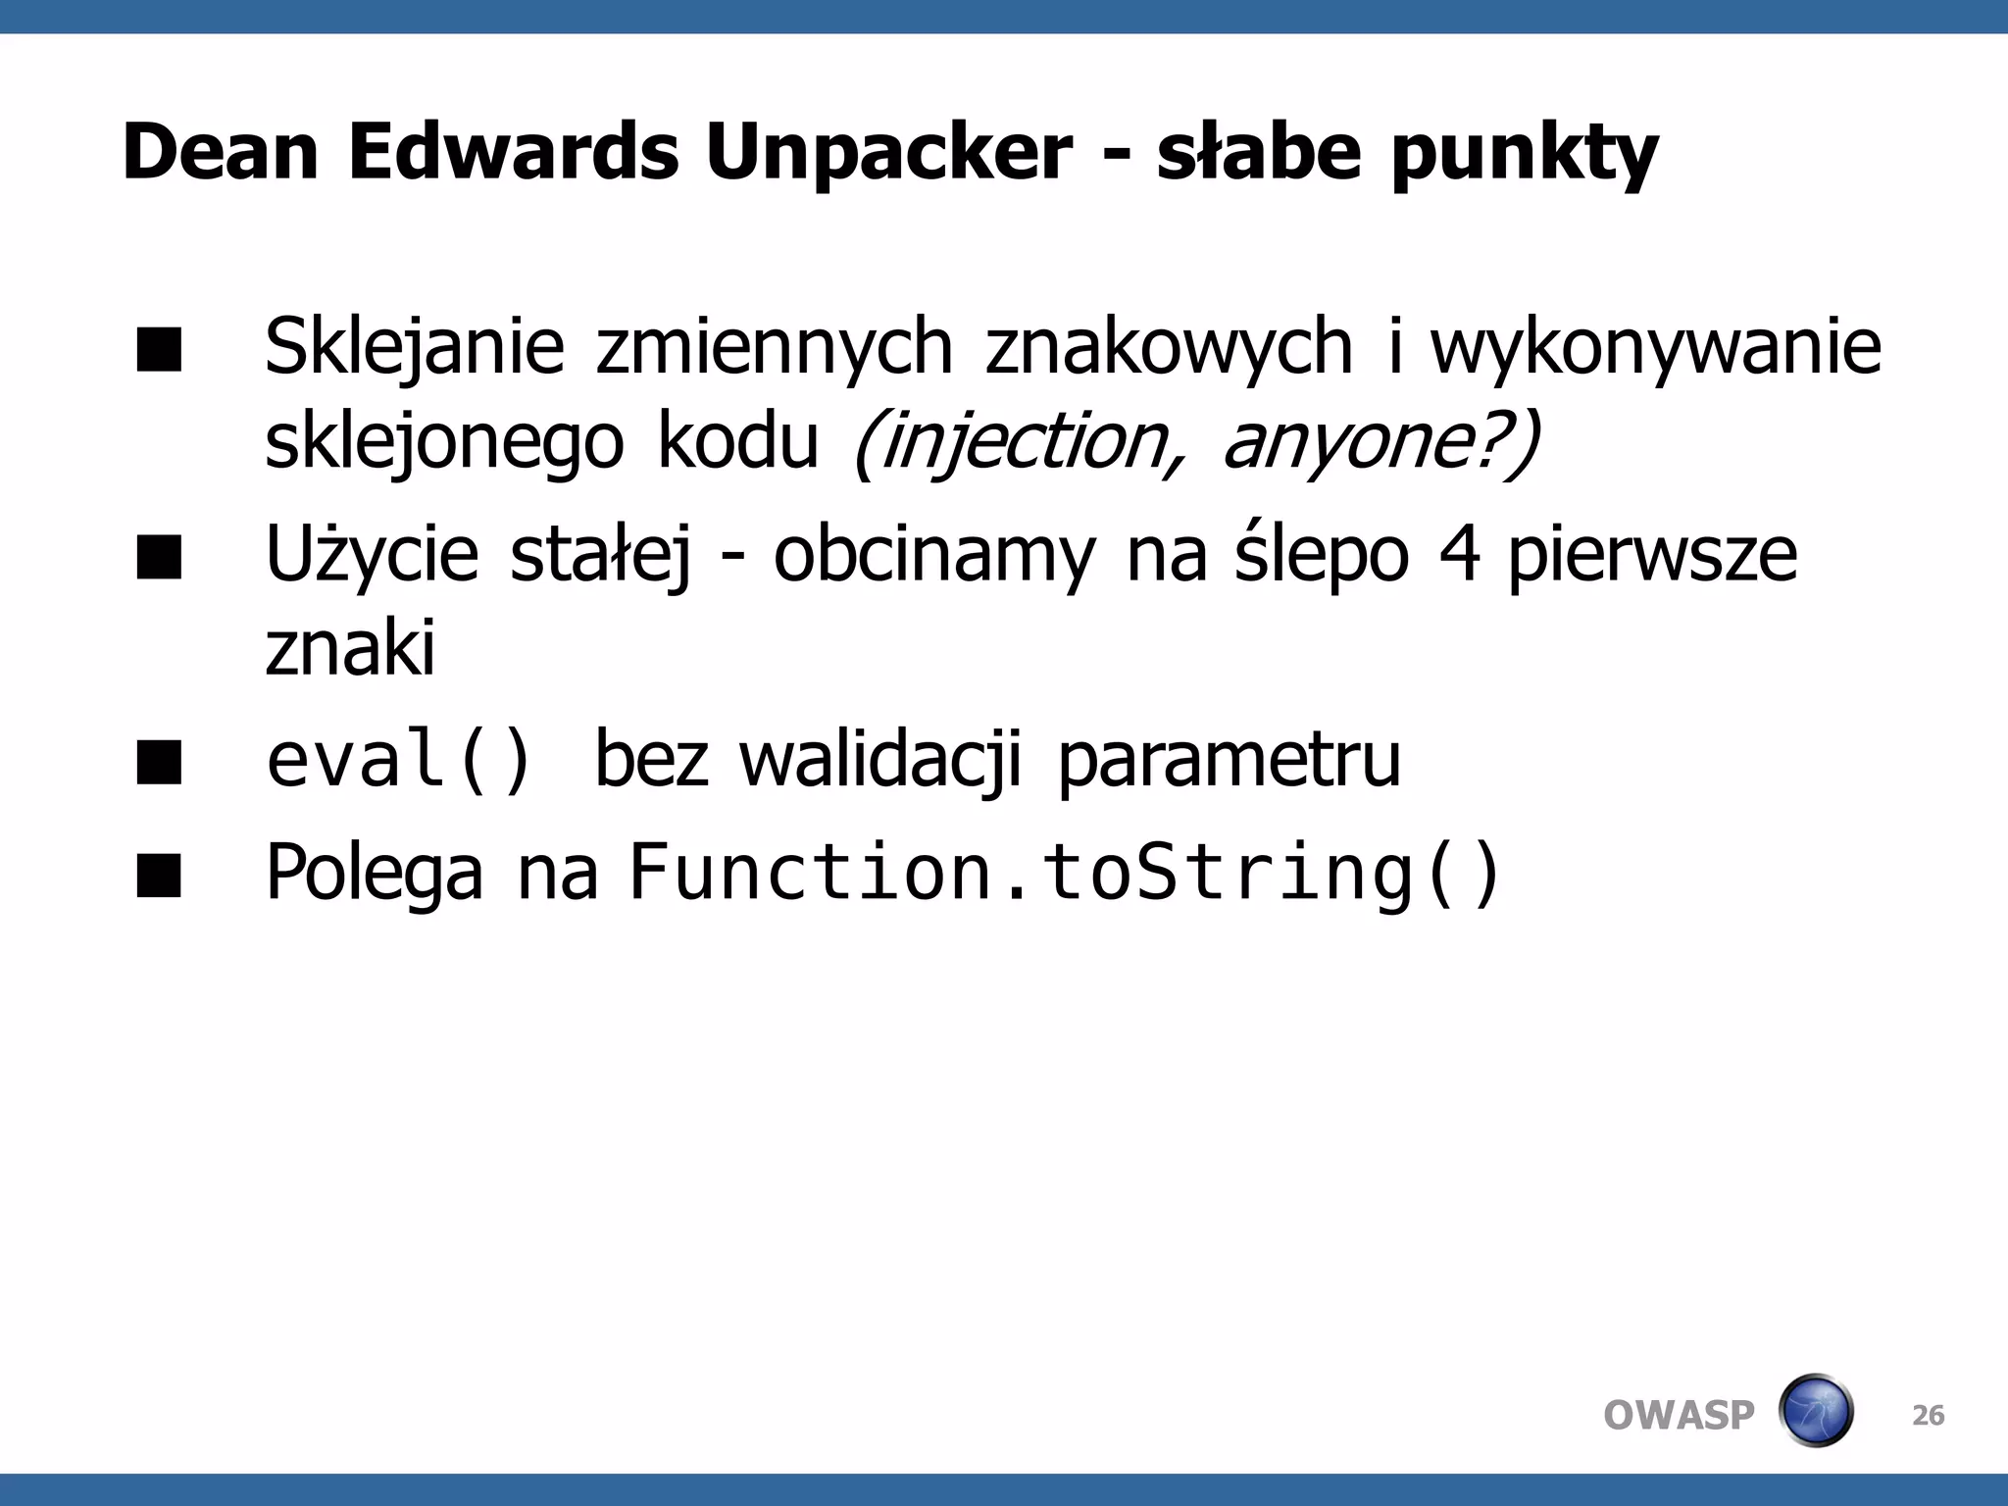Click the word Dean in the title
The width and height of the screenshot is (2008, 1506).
221,152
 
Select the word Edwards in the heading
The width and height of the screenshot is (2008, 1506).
513,152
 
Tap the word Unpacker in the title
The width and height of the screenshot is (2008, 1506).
888,154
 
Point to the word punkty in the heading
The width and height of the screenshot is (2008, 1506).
1524,154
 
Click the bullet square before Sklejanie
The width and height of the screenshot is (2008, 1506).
160,350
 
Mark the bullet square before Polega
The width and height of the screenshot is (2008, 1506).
160,875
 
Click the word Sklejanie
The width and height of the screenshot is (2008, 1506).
414,348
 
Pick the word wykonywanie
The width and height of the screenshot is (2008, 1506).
1655,348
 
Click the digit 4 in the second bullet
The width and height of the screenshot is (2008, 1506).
1460,555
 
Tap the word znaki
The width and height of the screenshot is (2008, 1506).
350,649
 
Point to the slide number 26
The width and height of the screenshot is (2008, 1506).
1928,1416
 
